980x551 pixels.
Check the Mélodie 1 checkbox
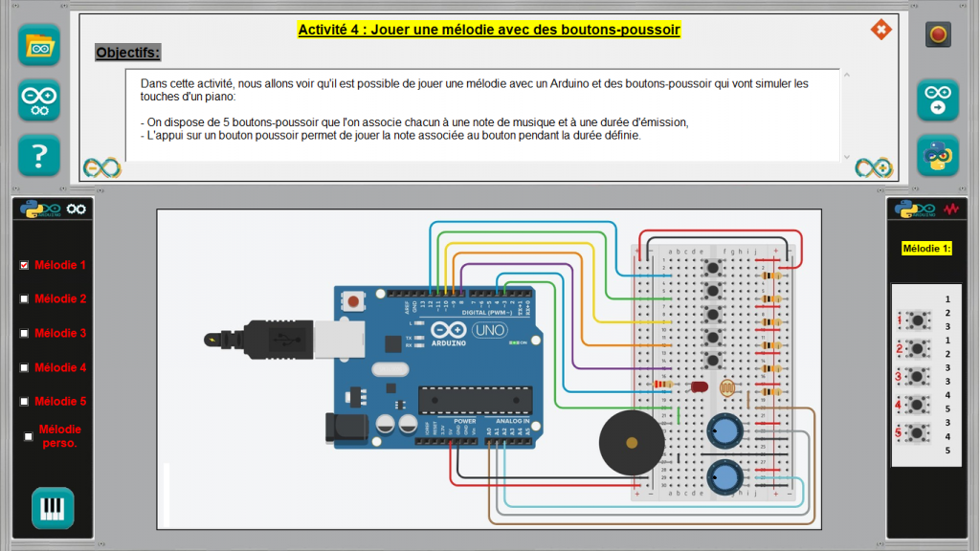(x=25, y=265)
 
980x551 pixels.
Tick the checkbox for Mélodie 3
(x=25, y=333)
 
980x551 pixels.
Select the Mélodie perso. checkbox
(x=29, y=436)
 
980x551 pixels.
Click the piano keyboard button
(x=52, y=508)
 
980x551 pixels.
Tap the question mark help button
(x=39, y=155)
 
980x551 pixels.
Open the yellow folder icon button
(x=39, y=45)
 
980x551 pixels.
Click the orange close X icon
(x=880, y=30)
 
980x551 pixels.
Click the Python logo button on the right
(x=938, y=156)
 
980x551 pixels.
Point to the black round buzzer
(x=631, y=442)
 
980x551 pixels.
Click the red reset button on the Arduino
(x=354, y=302)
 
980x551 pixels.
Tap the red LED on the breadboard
(x=699, y=387)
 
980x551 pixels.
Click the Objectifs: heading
(x=128, y=52)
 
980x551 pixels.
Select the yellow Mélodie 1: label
(x=926, y=249)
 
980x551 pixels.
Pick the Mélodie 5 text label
(x=60, y=402)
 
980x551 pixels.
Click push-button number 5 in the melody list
(x=920, y=432)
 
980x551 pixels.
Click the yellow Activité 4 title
(x=489, y=30)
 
